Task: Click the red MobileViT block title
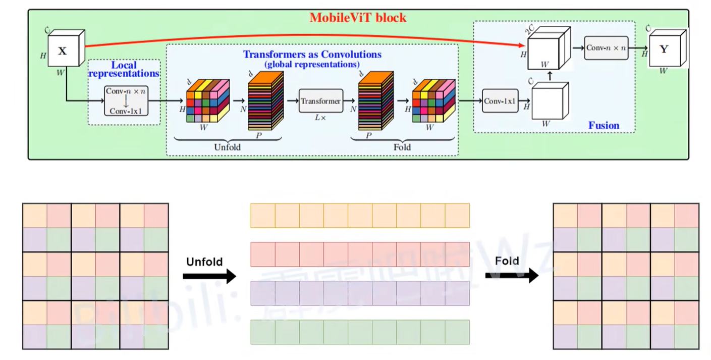coord(358,18)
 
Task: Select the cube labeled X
coord(64,50)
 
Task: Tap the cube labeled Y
coord(665,49)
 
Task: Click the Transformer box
coord(320,101)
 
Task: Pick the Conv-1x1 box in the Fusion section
coord(500,101)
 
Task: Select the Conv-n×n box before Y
coord(606,48)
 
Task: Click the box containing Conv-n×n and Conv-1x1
coord(126,101)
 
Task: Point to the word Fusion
coord(604,125)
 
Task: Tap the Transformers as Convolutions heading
coord(312,55)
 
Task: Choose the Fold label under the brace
coord(402,147)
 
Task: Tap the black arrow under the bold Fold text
coord(511,276)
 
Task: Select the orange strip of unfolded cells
coord(360,216)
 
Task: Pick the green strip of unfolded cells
coord(360,332)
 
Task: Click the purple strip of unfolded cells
coord(360,293)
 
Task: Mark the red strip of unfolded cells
coord(360,254)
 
